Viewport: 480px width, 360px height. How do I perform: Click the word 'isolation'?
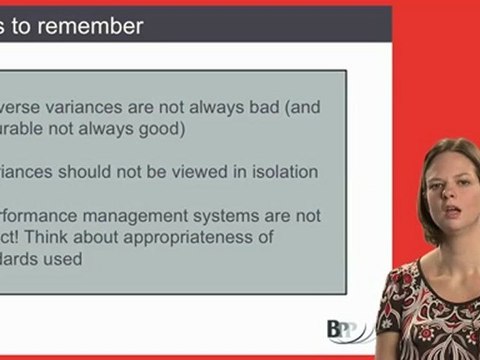point(280,172)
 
